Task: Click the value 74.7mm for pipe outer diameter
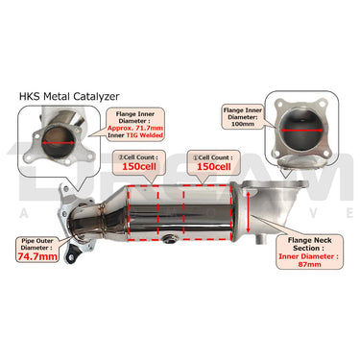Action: [x=36, y=257]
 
